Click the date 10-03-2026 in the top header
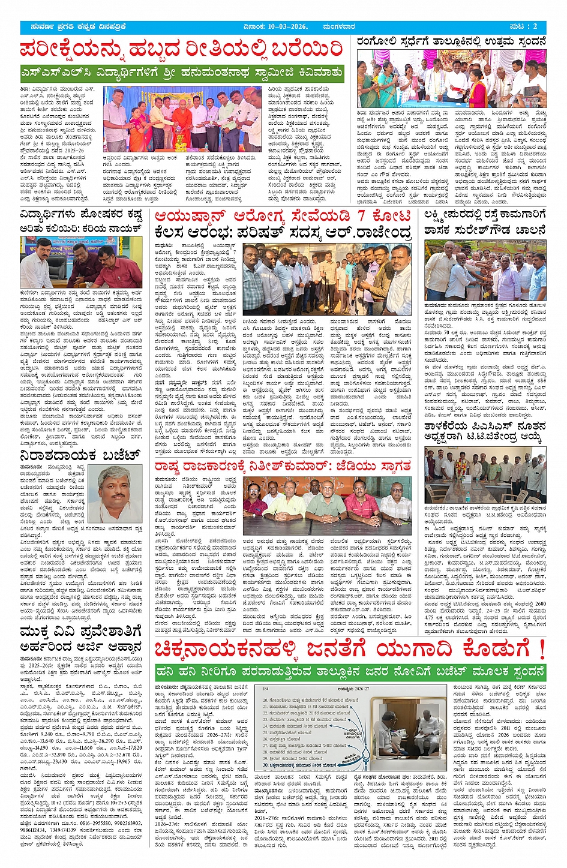[285, 27]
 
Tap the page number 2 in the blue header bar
[535, 27]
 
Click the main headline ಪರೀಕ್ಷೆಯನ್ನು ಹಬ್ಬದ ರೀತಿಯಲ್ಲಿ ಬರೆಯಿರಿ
[181, 50]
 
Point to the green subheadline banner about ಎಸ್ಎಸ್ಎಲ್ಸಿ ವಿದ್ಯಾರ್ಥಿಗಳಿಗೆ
[181, 74]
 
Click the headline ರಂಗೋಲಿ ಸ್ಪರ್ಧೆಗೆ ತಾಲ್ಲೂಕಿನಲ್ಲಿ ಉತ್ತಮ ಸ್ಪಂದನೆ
[451, 42]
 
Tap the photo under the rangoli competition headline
[451, 78]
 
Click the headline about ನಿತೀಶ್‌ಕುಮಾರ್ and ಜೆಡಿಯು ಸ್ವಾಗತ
[283, 466]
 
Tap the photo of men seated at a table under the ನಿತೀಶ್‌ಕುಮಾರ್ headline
[327, 506]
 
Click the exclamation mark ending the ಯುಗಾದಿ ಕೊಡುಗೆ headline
[541, 650]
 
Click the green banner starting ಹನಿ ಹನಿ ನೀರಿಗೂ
[350, 672]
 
